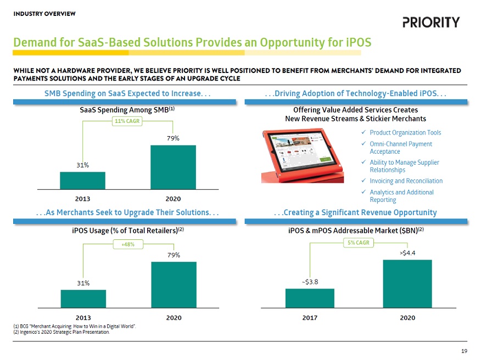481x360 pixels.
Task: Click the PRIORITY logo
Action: tap(431, 22)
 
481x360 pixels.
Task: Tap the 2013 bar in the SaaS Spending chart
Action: tap(82, 181)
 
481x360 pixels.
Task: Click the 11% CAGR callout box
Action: tap(126, 121)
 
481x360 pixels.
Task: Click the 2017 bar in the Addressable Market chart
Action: tap(310, 298)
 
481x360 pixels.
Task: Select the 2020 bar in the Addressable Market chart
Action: tap(407, 284)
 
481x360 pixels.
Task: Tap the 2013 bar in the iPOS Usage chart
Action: tap(83, 299)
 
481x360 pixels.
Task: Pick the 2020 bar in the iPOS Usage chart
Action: tap(174, 284)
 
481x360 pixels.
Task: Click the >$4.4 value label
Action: tap(407, 253)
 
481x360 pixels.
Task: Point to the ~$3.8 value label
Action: tap(310, 282)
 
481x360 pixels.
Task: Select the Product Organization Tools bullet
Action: tap(405, 133)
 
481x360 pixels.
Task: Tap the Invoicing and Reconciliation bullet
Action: tap(406, 181)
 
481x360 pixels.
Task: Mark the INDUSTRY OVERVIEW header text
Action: tap(44, 13)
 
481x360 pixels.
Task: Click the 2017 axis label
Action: tap(310, 318)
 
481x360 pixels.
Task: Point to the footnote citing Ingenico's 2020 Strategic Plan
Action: tap(61, 332)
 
